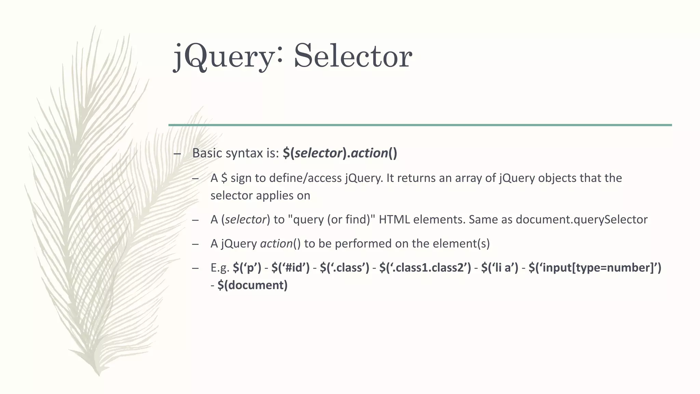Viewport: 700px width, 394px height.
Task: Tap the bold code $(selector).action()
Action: tap(340, 153)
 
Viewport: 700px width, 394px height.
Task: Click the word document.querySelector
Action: tap(581, 220)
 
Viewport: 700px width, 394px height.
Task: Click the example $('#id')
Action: tap(291, 268)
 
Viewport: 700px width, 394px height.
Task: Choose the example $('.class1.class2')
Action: tap(425, 268)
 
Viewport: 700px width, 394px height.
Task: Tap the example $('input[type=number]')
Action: tap(595, 268)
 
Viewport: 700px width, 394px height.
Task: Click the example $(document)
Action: tap(253, 285)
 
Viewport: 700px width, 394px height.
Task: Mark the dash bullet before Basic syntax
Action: tap(177, 154)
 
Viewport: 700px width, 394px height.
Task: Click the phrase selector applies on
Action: tap(260, 196)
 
